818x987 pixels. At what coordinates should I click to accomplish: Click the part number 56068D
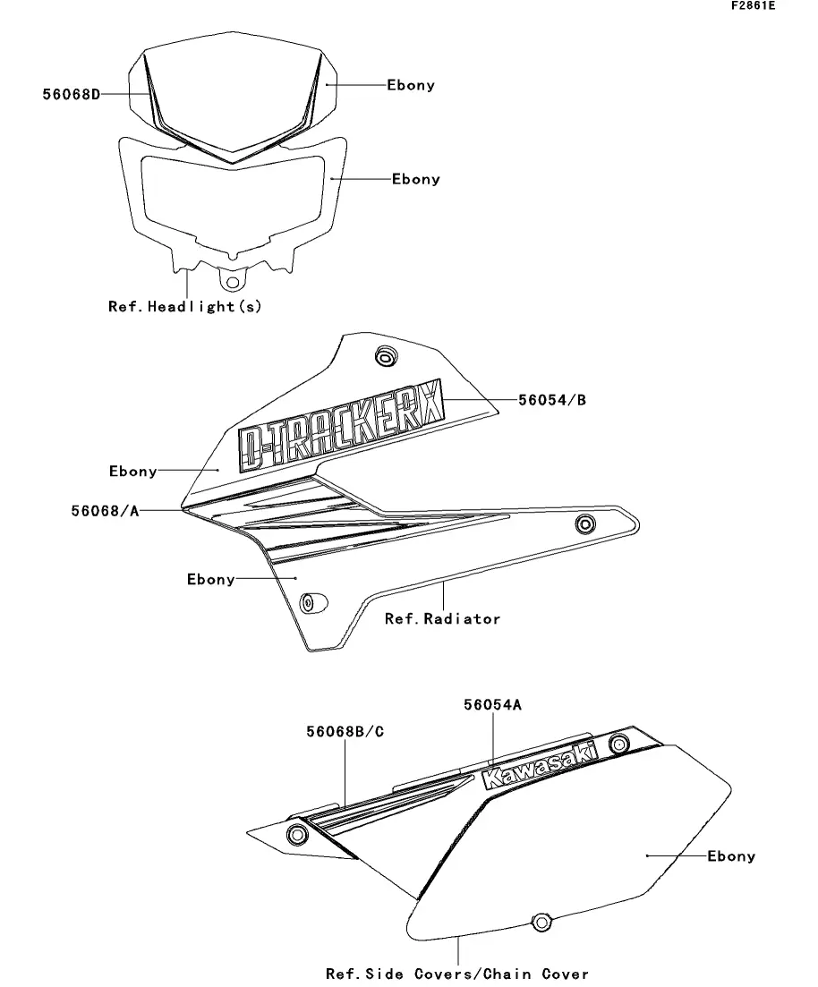72,95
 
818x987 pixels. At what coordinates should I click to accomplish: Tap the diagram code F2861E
754,5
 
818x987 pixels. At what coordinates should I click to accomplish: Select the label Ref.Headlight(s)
184,307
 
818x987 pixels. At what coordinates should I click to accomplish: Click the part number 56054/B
552,400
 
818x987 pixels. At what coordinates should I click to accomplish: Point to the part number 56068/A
106,510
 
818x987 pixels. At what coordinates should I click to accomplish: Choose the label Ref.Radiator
443,618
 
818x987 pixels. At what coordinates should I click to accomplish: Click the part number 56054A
492,704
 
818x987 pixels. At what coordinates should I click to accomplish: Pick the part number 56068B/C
345,731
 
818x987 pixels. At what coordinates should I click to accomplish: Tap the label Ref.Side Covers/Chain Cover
457,974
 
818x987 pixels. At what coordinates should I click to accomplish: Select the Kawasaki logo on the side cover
539,766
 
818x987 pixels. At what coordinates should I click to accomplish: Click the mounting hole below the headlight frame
233,282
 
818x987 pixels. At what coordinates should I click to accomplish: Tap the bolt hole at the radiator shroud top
386,357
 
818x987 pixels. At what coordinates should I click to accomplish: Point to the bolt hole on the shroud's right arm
585,523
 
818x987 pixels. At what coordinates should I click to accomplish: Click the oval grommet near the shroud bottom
312,602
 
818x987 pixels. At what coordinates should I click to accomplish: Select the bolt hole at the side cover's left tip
296,835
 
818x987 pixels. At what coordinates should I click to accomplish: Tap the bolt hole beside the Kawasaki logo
619,744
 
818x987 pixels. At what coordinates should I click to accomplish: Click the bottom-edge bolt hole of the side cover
541,923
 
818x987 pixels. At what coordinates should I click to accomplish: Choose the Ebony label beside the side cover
731,856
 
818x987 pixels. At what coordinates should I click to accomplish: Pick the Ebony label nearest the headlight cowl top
411,85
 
